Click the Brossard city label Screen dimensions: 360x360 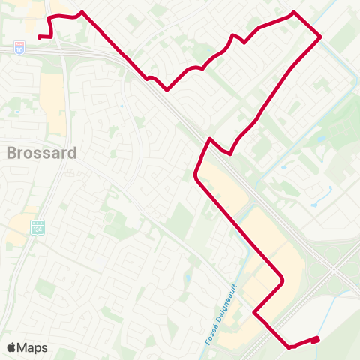[42, 154]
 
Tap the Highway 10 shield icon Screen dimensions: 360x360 [19, 49]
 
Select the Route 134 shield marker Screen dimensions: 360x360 [39, 226]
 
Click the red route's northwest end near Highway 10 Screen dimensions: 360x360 [39, 35]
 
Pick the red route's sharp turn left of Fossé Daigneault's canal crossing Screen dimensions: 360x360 [255, 313]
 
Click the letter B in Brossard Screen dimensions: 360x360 [11, 154]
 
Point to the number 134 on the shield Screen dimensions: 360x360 [39, 226]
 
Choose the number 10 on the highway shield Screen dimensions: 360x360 [19, 49]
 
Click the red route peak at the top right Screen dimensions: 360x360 [293, 13]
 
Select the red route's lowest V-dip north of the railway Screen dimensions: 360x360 [166, 90]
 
